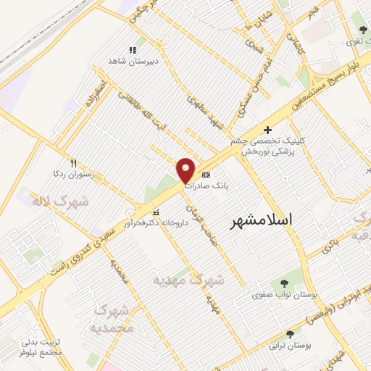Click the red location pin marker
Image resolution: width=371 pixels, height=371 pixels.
coord(186,170)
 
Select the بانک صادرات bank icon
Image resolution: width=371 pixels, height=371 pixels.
coord(207,175)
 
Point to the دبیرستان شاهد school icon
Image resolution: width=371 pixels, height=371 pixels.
coord(133,50)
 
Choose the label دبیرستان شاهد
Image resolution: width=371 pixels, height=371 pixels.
coord(128,62)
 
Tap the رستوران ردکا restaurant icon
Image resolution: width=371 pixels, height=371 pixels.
coord(72,163)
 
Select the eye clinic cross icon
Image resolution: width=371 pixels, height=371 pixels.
coord(268,130)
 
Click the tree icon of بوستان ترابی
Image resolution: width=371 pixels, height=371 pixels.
coord(290,334)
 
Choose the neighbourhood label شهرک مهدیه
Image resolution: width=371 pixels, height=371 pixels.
coord(189,279)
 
